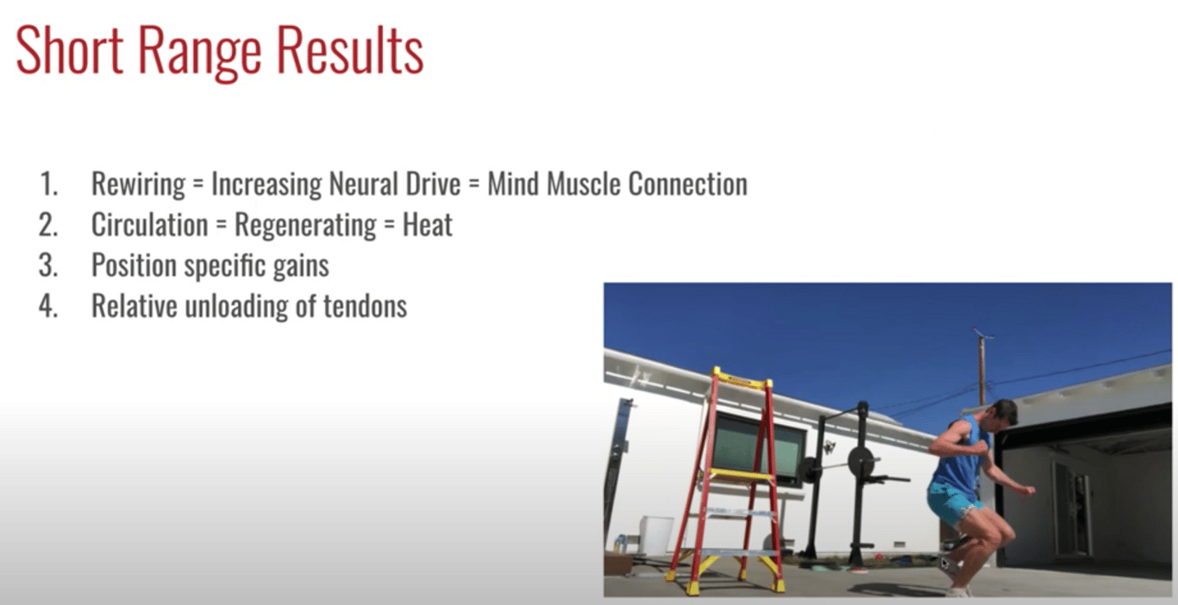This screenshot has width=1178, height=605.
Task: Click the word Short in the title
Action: [x=69, y=51]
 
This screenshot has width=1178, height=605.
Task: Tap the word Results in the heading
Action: [x=350, y=51]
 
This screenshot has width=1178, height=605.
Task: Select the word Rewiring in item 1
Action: [x=138, y=184]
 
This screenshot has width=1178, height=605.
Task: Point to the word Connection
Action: [x=687, y=184]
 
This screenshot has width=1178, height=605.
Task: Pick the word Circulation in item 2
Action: [x=150, y=224]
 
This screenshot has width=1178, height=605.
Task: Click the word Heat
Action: [x=427, y=224]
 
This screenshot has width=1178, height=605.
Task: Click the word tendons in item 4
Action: [x=365, y=306]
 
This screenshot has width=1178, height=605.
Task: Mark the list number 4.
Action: [x=47, y=306]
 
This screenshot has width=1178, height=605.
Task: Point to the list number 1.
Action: [x=49, y=184]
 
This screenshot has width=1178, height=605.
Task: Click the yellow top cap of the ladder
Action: [x=742, y=378]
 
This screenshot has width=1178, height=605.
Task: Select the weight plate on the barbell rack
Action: [x=861, y=461]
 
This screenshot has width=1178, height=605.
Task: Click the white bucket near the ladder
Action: [x=655, y=535]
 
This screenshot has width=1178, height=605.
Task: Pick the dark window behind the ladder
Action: [x=757, y=449]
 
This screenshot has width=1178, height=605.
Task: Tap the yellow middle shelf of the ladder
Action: [x=736, y=476]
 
